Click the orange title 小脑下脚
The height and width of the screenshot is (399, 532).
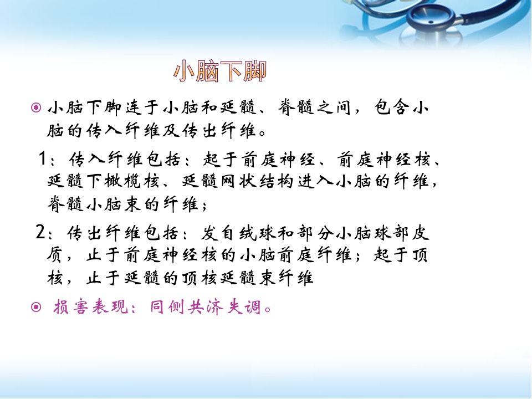[220, 71]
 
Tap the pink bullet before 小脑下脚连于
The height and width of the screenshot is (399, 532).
[36, 108]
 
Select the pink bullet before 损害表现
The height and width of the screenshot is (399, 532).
[36, 307]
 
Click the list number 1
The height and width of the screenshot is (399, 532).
[43, 158]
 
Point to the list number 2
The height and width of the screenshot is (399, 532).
[40, 232]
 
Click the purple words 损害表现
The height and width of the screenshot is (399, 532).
[90, 307]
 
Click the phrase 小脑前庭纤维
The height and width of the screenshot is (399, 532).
[296, 255]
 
